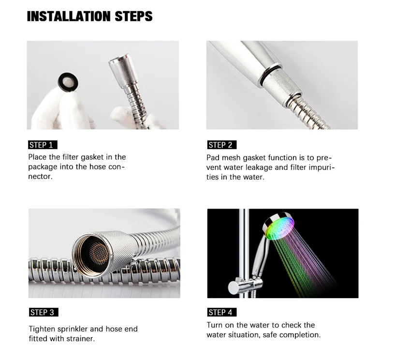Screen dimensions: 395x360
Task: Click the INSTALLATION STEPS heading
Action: pyautogui.click(x=89, y=16)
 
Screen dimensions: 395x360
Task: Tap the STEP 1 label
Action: pyautogui.click(x=43, y=145)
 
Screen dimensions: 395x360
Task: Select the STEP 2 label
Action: pyautogui.click(x=222, y=145)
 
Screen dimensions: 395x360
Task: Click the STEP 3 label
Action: pyautogui.click(x=44, y=313)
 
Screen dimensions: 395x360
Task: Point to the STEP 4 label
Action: pyautogui.click(x=222, y=313)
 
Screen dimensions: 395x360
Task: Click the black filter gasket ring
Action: pyautogui.click(x=60, y=82)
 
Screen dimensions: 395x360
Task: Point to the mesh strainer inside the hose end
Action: pyautogui.click(x=99, y=254)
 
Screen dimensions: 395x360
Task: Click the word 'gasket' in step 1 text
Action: pyautogui.click(x=92, y=157)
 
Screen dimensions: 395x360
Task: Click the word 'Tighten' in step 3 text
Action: pyautogui.click(x=42, y=329)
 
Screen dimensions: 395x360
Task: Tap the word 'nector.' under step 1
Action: pyautogui.click(x=40, y=177)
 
